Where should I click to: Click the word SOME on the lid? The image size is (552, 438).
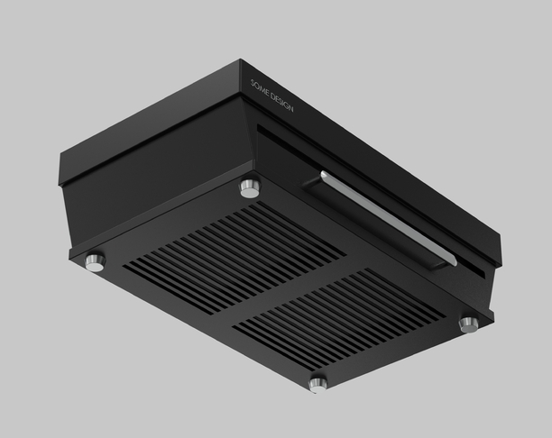[x=260, y=89]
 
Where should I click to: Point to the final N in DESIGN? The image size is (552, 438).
[x=290, y=108]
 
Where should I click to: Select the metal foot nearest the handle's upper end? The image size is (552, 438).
[x=251, y=187]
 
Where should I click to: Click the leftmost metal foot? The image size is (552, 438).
[x=96, y=262]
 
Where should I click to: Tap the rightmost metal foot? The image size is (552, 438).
[x=469, y=324]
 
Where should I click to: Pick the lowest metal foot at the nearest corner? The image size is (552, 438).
[x=317, y=385]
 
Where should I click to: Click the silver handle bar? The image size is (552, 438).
[x=388, y=218]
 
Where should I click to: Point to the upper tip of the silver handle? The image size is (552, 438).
[x=322, y=173]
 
